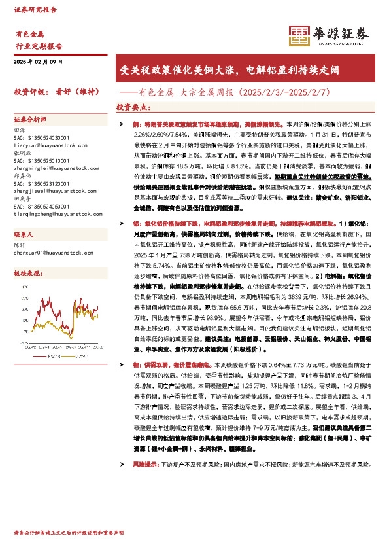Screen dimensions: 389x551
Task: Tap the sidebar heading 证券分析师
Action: point(30,120)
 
